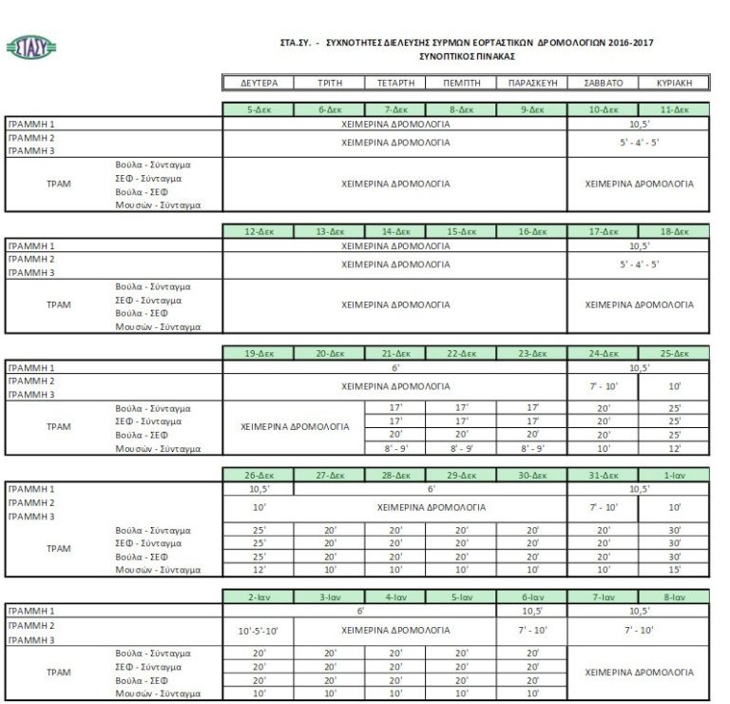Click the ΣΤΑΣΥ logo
coord(30,47)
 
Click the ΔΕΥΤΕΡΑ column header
coord(258,83)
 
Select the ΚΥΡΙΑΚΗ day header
coord(674,83)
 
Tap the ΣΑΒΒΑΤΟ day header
coord(603,83)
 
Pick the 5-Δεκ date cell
coord(258,110)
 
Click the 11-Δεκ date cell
coord(674,110)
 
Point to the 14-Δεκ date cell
coord(394,231)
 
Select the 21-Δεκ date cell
coord(394,353)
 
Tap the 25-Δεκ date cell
coord(674,353)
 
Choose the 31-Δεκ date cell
coord(603,475)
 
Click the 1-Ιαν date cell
coord(674,475)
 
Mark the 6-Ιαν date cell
coord(531,596)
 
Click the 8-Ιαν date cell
coord(674,596)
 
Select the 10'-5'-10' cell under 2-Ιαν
coord(258,630)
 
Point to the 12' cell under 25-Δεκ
coord(674,447)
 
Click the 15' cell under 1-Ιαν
coord(674,569)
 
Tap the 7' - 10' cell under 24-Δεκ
coord(603,387)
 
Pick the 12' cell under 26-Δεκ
coord(258,569)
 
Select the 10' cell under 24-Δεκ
coord(603,447)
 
